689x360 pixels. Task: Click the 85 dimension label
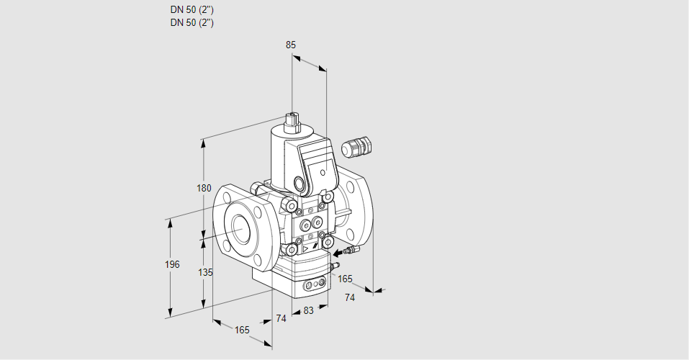pos(290,45)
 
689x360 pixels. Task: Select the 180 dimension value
pos(204,188)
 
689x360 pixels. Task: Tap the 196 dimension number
pos(172,264)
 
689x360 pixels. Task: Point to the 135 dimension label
pos(205,272)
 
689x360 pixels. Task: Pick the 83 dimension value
pos(308,311)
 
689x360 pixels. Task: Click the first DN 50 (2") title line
pos(192,9)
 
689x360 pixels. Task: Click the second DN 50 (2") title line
pos(192,22)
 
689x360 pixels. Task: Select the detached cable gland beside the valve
pos(356,146)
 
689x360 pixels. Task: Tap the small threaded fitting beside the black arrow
pos(352,251)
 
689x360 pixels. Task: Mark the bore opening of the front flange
pos(240,228)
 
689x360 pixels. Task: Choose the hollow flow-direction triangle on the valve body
pos(306,249)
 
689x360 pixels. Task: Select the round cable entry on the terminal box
pos(300,182)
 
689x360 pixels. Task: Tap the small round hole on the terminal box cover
pos(323,172)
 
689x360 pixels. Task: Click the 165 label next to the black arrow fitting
pos(345,279)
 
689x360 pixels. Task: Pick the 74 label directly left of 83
pos(282,318)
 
